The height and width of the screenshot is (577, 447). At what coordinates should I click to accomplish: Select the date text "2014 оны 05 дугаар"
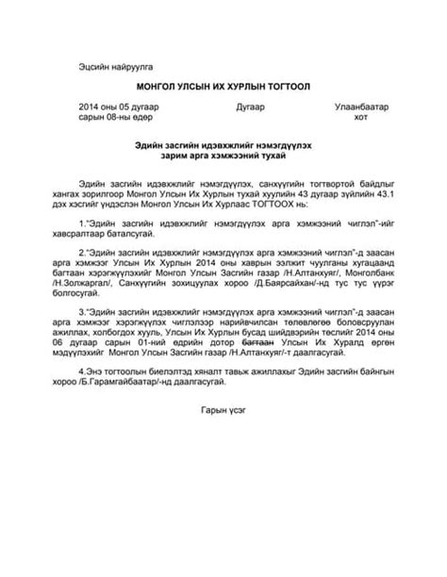120,108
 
